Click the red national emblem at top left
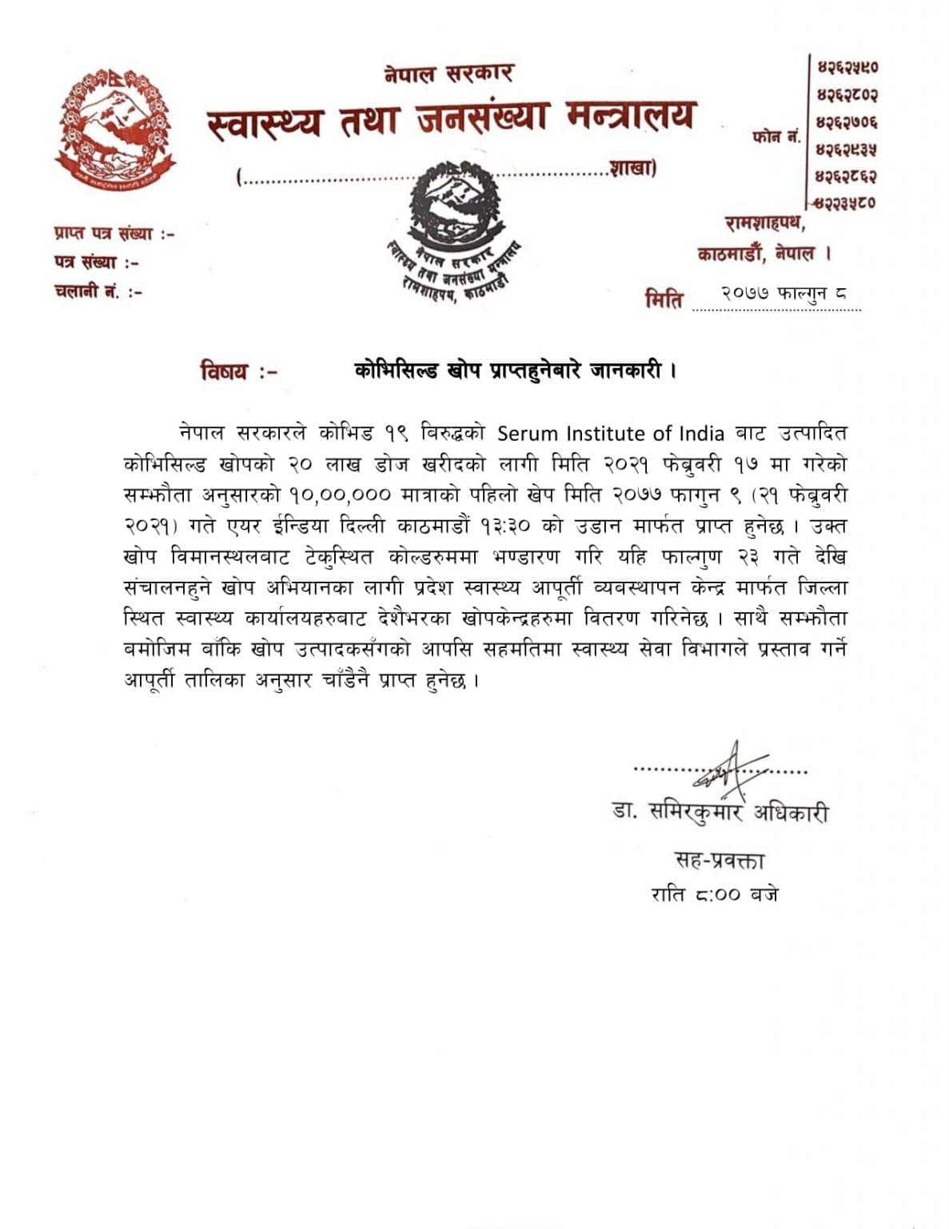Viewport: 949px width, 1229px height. tap(115, 128)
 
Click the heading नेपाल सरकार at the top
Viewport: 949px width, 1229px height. tap(448, 74)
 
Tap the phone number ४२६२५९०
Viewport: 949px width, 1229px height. tap(847, 67)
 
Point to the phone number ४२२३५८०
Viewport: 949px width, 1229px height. tap(847, 202)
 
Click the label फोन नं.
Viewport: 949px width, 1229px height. tap(776, 137)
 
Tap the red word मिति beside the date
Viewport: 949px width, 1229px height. tap(664, 300)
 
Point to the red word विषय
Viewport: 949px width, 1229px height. tap(225, 372)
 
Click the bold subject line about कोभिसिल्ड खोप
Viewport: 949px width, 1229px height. tap(516, 370)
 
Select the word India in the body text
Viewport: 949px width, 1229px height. tap(701, 434)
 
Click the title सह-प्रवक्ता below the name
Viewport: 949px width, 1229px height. tap(720, 861)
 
